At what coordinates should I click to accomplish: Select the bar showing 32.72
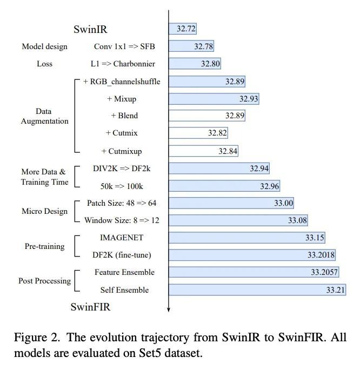coord(183,29)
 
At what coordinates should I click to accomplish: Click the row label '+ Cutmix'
coord(122,133)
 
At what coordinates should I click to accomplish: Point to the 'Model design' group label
coord(44,46)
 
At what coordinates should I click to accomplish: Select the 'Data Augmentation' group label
coord(44,116)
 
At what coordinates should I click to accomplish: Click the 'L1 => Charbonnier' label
coord(123,64)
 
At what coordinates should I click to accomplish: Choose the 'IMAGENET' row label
coord(123,237)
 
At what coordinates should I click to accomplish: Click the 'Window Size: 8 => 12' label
coord(122,220)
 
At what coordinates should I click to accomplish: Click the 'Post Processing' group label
coord(44,281)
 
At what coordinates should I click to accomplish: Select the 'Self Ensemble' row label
coord(124,290)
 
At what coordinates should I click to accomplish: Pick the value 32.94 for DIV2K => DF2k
coord(259,168)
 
